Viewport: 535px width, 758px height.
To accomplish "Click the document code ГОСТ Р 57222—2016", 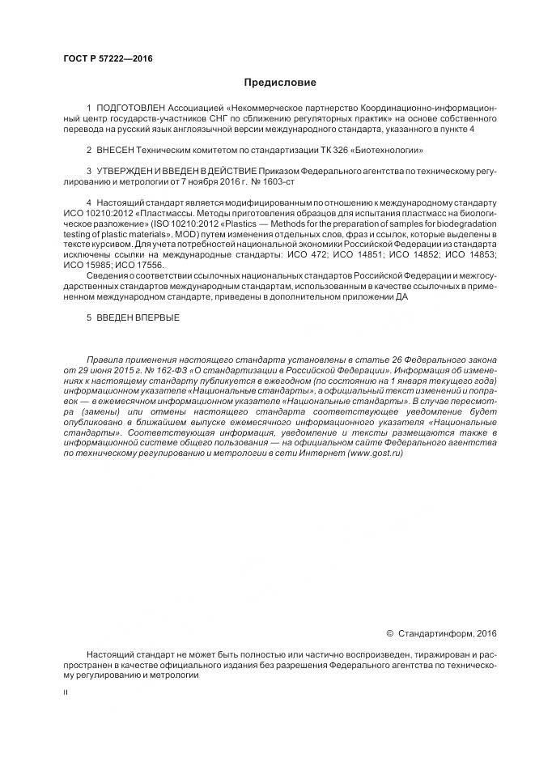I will pos(108,59).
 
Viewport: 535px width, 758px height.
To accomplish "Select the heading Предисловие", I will pos(281,83).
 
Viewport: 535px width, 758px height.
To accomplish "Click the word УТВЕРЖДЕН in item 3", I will pos(126,172).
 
